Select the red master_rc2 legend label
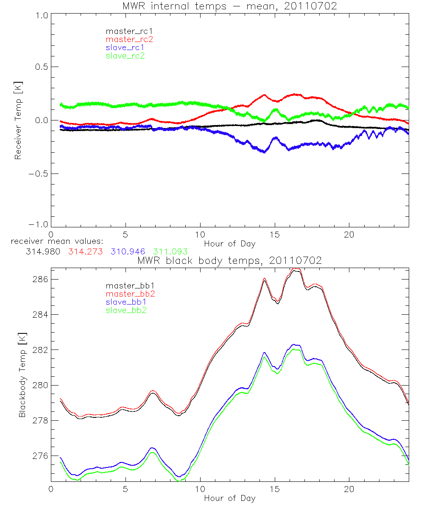click(x=129, y=39)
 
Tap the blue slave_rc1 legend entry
click(x=125, y=47)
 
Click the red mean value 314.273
click(x=86, y=252)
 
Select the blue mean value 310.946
click(x=128, y=252)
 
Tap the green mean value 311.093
click(x=170, y=252)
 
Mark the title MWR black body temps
click(x=229, y=261)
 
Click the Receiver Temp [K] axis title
click(x=18, y=120)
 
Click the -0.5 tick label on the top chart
click(x=37, y=174)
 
